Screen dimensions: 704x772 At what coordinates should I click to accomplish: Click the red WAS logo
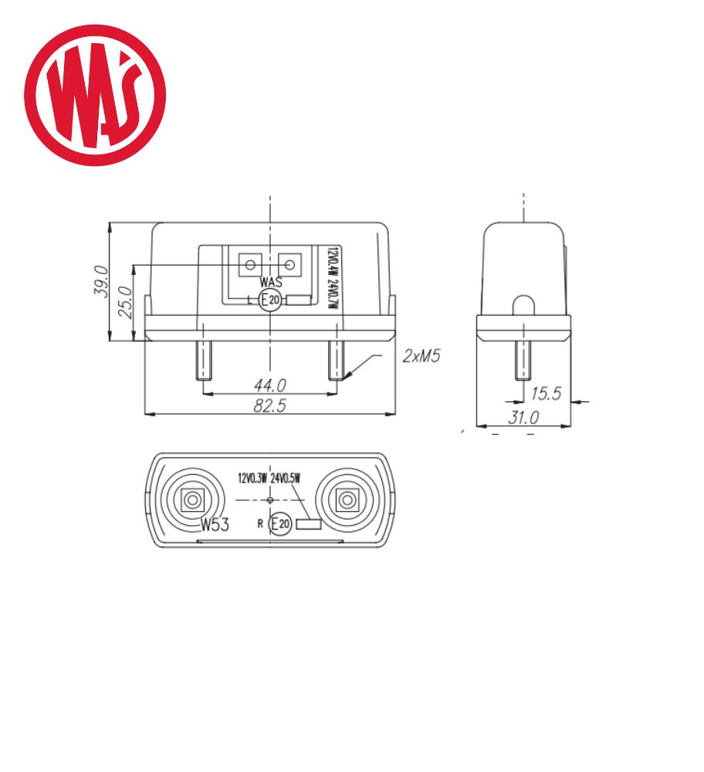95,95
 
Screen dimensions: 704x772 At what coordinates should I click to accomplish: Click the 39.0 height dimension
100,281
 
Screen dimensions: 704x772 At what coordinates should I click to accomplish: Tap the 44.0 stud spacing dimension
269,385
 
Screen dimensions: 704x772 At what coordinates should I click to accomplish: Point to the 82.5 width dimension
269,405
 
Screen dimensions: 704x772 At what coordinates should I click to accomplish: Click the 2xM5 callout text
421,355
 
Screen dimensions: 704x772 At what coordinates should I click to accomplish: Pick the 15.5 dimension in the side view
546,394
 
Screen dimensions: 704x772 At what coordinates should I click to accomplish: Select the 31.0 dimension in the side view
523,418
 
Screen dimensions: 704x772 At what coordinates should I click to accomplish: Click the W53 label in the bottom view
215,525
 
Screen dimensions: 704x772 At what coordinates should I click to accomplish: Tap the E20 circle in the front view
269,300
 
